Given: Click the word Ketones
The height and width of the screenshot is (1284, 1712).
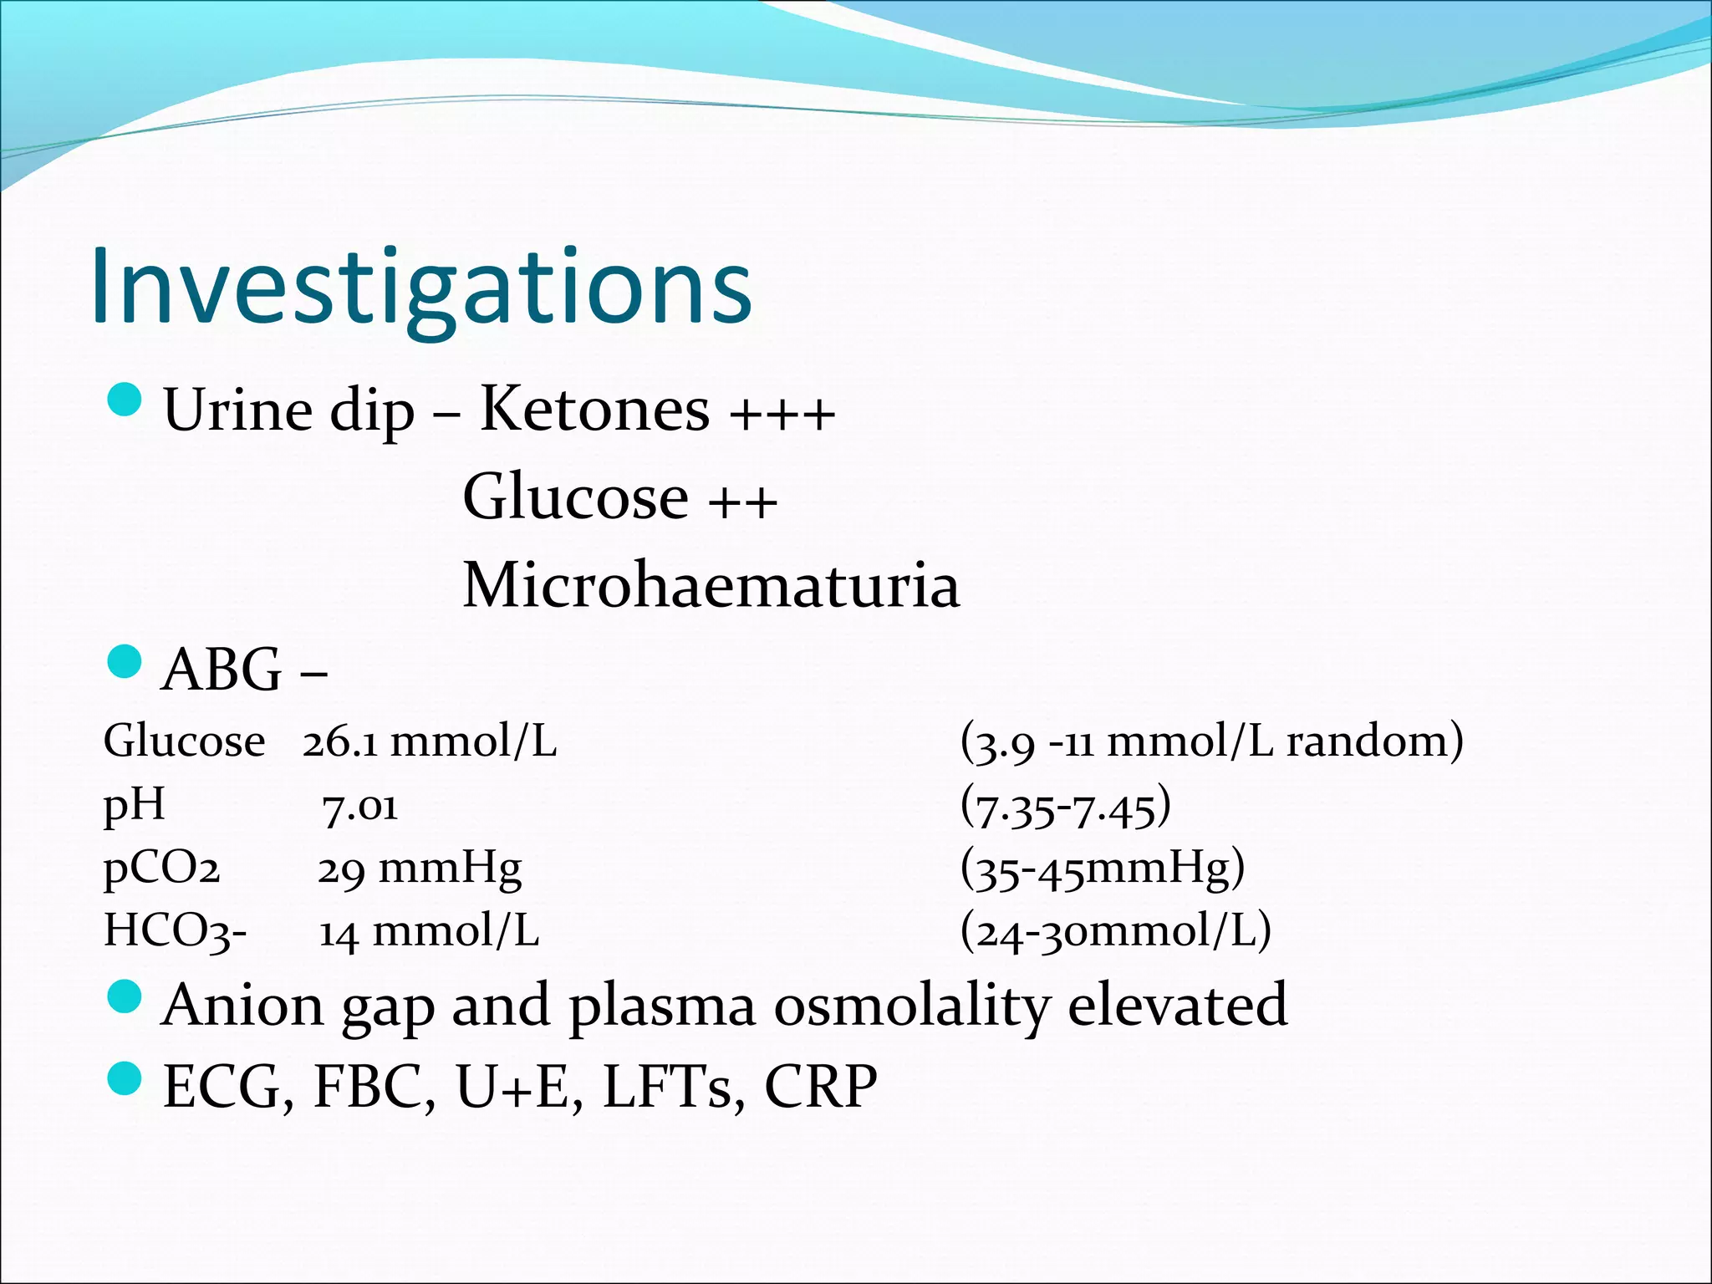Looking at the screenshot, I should (594, 410).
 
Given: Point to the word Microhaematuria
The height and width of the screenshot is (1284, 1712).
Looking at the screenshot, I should (711, 585).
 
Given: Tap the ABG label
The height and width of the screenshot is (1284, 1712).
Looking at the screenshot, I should (222, 670).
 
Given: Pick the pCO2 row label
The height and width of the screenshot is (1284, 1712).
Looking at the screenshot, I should (161, 869).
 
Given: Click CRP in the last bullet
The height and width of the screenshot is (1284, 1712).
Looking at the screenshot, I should (820, 1087).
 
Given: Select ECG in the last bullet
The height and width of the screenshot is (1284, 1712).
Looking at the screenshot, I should (228, 1087).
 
